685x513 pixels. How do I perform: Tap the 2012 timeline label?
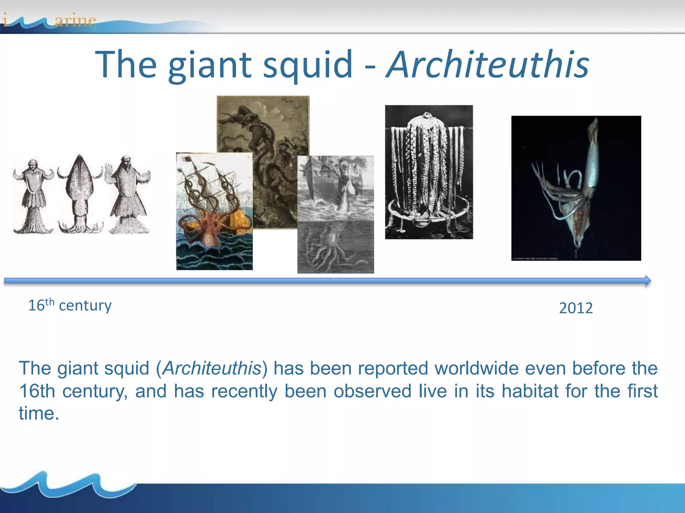[576, 308]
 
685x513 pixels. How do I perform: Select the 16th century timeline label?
[70, 305]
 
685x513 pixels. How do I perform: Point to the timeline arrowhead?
[648, 281]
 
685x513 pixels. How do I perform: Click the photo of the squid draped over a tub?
[429, 172]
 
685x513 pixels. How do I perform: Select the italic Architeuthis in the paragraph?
[212, 368]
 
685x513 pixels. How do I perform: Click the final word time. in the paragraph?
[39, 413]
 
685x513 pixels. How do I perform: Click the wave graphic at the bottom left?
[67, 484]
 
